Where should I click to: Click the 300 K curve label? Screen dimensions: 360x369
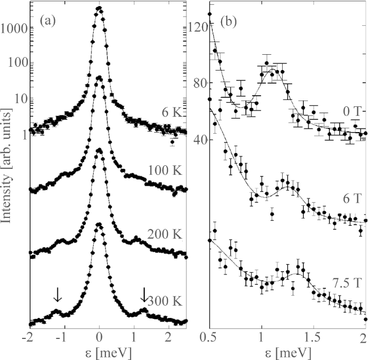[165, 301]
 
